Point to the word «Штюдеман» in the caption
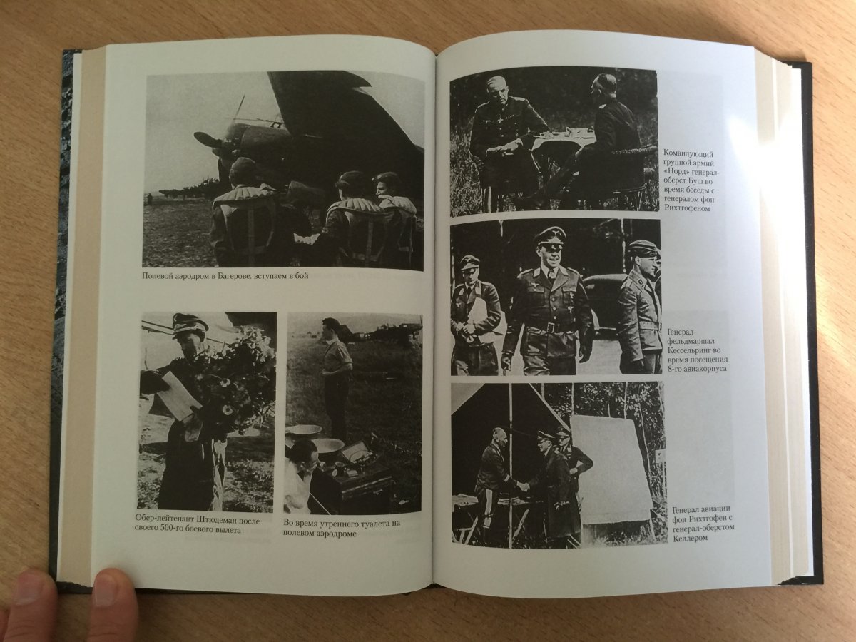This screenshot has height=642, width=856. coord(225,521)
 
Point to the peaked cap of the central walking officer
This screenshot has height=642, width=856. coord(548,236)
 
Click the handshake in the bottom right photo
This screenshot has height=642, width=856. coord(523,486)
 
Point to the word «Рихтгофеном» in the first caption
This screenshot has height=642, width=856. coord(687,209)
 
